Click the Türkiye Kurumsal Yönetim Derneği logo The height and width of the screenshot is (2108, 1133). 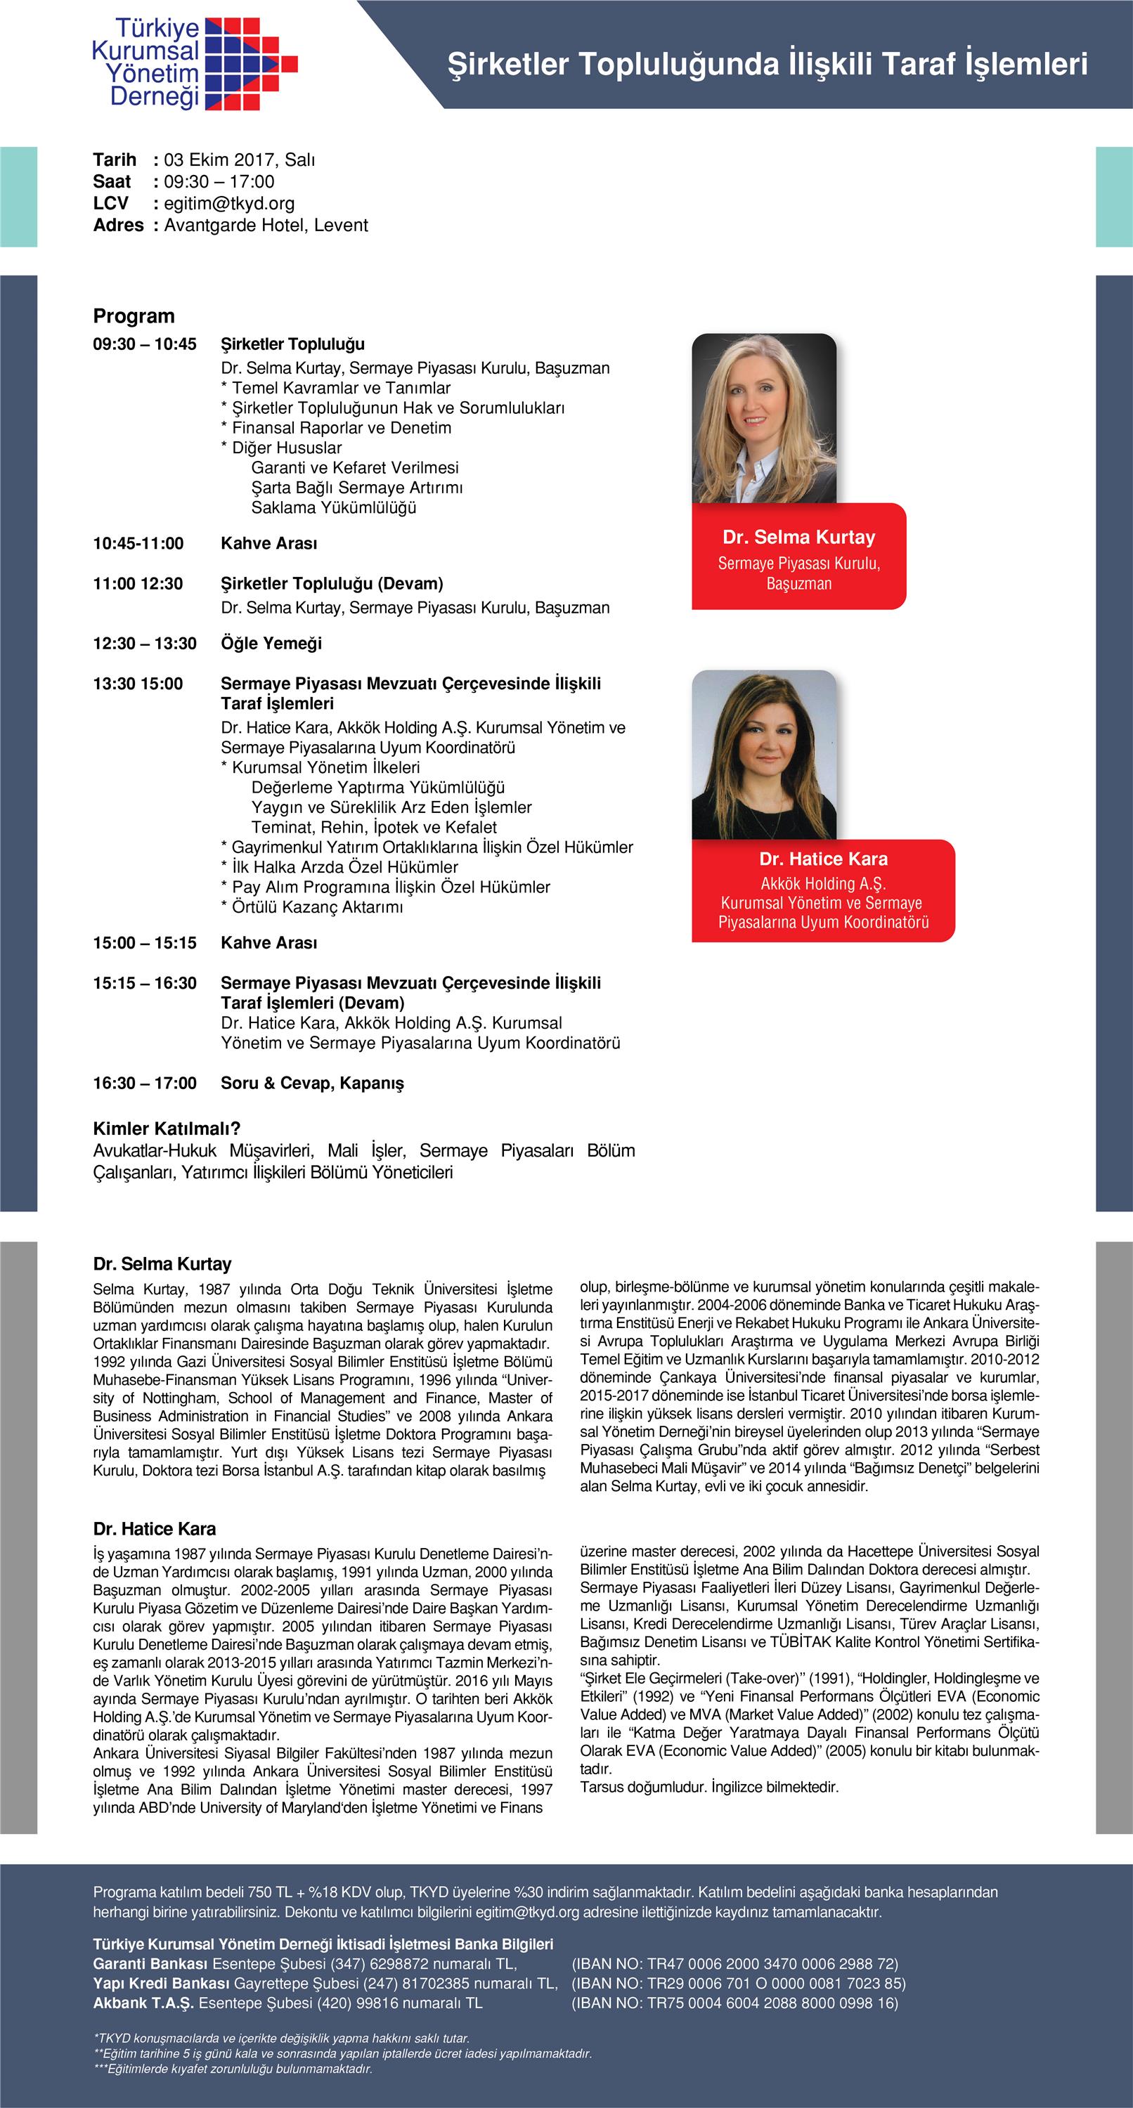(194, 63)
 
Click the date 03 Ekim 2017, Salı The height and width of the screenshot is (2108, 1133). (239, 160)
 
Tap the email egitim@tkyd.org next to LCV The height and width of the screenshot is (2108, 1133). (229, 204)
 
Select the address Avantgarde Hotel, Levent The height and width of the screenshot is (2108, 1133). (266, 225)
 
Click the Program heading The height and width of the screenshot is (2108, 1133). (134, 316)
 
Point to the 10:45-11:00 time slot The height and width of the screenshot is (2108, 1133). (138, 543)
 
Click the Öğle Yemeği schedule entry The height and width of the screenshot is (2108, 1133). (271, 643)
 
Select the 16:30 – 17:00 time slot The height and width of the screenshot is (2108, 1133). (145, 1083)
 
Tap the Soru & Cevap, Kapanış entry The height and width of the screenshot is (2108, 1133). (312, 1083)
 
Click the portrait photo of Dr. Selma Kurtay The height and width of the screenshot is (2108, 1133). (764, 418)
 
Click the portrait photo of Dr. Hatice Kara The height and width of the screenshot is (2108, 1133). (764, 755)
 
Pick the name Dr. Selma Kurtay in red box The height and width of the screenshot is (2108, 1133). (798, 538)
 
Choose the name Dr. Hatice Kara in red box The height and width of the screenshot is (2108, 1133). (823, 859)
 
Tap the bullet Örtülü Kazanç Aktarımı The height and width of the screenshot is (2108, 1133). (317, 906)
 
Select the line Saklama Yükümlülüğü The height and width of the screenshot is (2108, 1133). (333, 507)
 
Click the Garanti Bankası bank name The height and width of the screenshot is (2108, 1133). (150, 1963)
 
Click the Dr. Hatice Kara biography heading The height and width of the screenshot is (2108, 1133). (154, 1528)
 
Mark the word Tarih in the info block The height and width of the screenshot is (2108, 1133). (115, 160)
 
